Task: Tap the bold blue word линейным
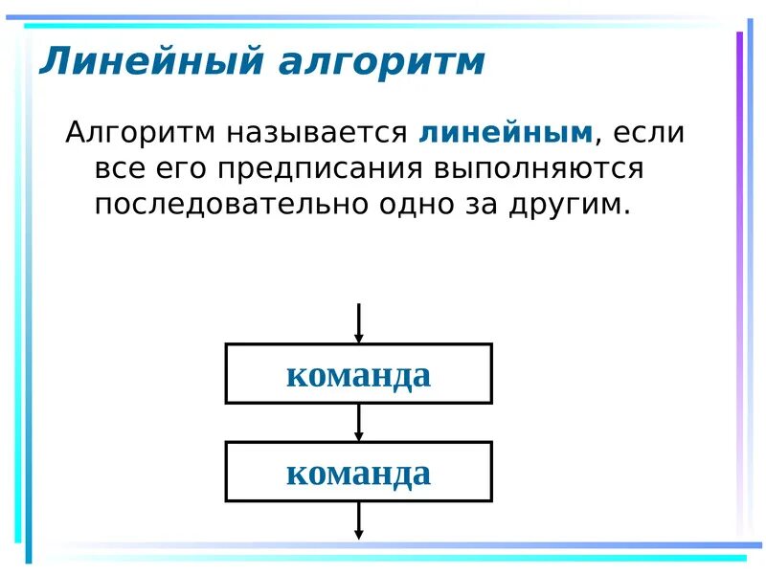[x=507, y=132]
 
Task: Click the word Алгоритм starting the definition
[x=140, y=132]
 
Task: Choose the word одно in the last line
[x=430, y=205]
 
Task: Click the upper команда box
[x=359, y=374]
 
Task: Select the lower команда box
[x=359, y=472]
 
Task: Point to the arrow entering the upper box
[x=359, y=323]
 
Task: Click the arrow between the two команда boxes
[x=359, y=422]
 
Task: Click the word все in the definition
[x=121, y=168]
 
